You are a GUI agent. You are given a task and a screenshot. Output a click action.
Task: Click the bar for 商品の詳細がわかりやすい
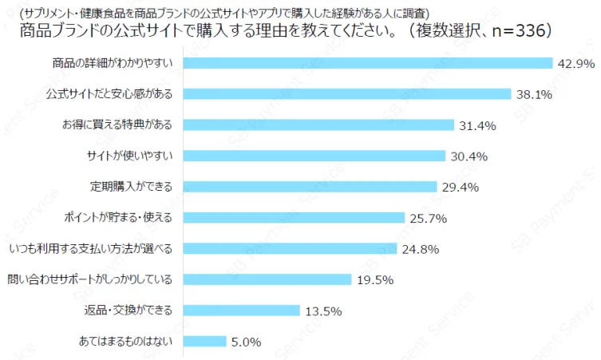click(368, 62)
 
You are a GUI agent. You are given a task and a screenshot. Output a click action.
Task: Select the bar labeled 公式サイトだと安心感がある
click(347, 93)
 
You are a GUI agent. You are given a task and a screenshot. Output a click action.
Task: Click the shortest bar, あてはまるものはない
click(205, 341)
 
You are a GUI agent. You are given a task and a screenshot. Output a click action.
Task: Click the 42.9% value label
click(576, 63)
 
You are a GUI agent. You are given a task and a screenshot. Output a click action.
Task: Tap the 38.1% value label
click(534, 94)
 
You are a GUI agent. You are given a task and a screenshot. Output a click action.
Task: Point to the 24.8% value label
click(420, 249)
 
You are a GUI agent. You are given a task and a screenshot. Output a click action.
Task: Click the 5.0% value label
click(246, 342)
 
